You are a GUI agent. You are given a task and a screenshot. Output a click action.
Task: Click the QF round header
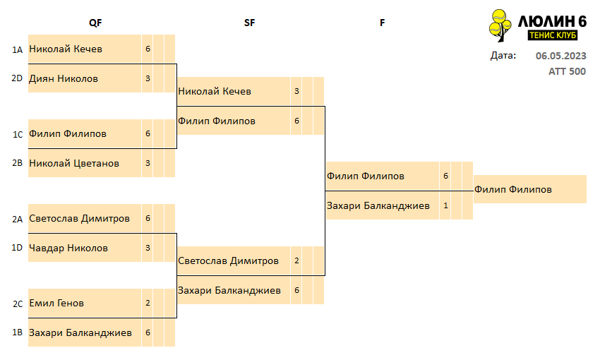pos(95,23)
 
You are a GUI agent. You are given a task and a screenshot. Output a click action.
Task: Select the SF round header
pos(249,23)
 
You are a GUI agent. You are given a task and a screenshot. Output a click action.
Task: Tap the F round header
pos(382,23)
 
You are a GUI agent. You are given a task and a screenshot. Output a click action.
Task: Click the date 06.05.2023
pos(560,56)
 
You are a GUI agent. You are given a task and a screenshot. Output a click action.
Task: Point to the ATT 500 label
pos(567,71)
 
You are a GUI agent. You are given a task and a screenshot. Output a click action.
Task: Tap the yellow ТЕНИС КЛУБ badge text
pos(553,35)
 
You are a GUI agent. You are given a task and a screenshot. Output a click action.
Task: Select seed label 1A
pos(17,49)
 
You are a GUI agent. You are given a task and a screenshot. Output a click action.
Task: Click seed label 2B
pos(17,163)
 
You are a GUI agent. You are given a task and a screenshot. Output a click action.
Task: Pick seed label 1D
pos(17,248)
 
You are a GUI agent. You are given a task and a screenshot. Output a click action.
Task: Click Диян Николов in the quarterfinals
pos(64,79)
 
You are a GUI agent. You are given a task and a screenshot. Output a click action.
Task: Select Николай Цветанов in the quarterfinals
pos(74,163)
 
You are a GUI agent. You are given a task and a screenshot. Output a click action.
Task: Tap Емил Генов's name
pos(56,304)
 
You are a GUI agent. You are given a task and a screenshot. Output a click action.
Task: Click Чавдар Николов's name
pos(68,248)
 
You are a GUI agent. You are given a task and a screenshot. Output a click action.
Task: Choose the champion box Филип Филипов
pos(530,189)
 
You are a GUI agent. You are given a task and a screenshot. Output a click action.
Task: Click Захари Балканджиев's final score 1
pos(445,206)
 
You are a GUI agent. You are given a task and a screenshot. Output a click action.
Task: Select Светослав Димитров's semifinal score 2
pos(296,261)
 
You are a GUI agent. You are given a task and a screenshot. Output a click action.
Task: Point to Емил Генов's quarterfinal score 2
pos(148,303)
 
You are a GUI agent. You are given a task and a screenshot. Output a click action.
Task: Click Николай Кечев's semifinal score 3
pos(296,92)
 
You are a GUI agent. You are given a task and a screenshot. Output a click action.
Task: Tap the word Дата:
pos(503,56)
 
